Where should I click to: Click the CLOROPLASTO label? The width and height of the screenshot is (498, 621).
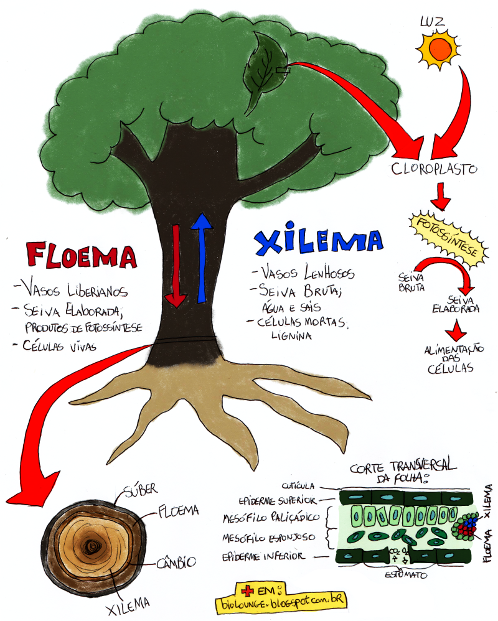435,169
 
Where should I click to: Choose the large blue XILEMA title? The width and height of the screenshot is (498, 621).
318,243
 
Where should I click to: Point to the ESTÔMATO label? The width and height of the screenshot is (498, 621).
405,576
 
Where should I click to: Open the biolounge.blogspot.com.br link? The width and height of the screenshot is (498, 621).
281,602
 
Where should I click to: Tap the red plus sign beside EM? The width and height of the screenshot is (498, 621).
250,589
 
